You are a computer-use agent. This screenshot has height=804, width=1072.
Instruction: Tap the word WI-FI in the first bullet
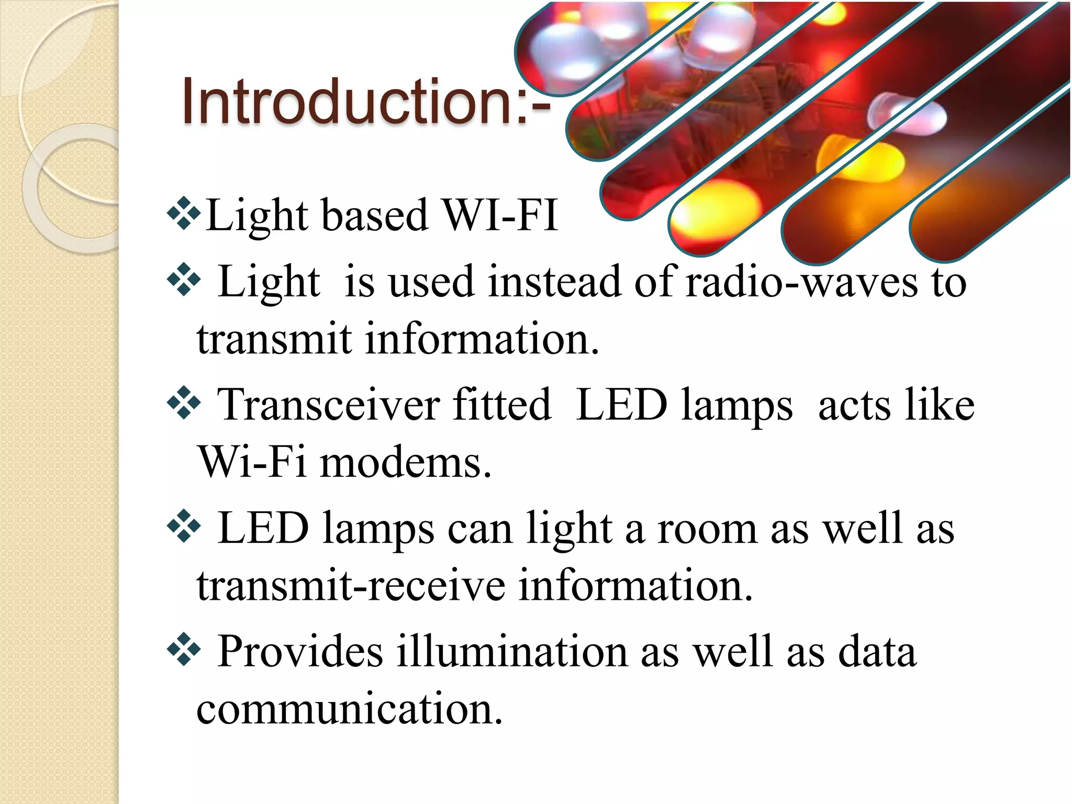(x=500, y=216)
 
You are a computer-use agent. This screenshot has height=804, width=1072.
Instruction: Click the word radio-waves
(x=801, y=283)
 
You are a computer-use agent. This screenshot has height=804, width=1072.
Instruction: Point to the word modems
(x=405, y=463)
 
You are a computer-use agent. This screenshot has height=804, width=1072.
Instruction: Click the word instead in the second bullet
(x=554, y=283)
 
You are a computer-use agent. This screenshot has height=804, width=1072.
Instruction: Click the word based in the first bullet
(x=375, y=216)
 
